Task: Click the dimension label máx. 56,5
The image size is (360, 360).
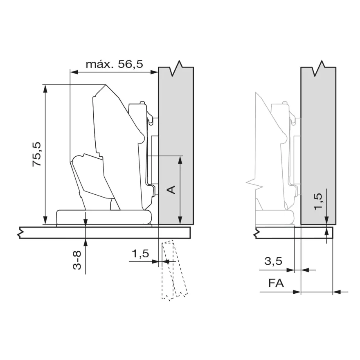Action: click(114, 64)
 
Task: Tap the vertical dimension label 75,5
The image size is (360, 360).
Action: click(37, 154)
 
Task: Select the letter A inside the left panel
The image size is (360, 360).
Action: click(171, 190)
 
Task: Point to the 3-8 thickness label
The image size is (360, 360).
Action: click(77, 260)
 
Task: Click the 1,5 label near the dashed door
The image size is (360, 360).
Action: click(140, 254)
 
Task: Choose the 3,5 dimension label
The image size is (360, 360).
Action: click(273, 261)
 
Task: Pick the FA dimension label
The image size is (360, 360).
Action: click(276, 283)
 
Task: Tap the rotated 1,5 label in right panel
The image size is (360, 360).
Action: click(318, 201)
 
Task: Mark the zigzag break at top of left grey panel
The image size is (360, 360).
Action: click(176, 68)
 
